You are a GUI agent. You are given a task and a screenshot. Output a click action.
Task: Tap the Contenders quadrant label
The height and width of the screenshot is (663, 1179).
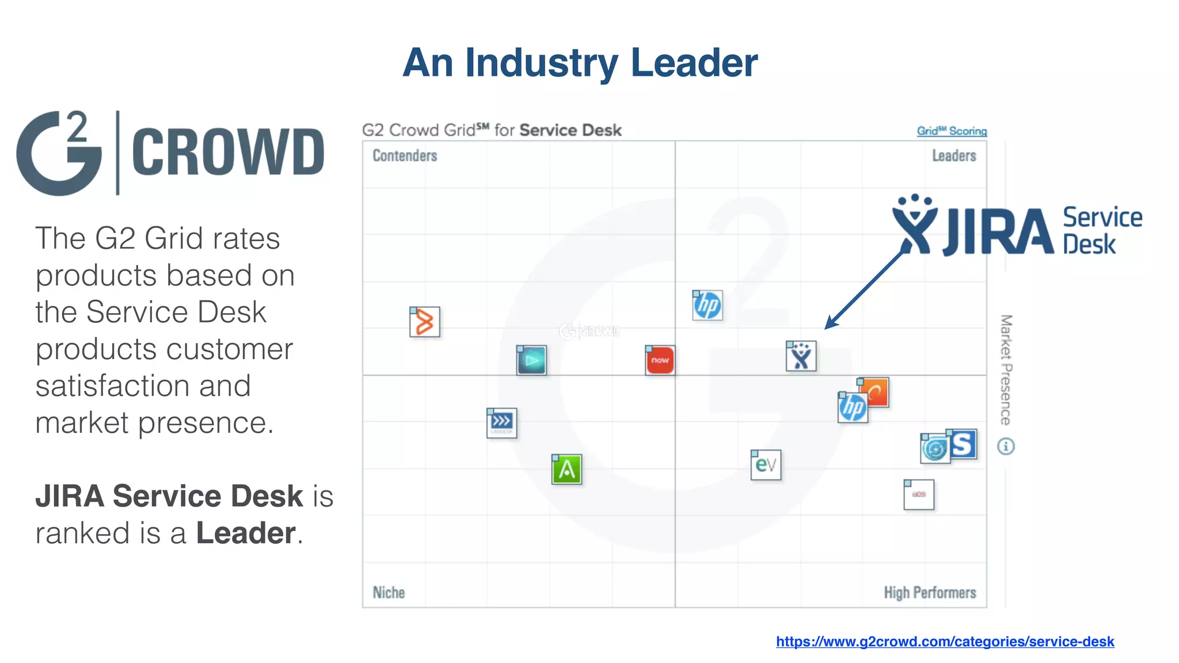click(405, 156)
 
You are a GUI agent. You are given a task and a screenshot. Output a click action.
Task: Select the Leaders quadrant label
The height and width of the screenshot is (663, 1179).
click(954, 156)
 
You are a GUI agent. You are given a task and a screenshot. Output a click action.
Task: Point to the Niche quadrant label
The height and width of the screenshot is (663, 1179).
click(389, 592)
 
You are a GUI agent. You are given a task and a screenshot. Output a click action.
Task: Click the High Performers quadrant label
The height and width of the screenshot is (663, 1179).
click(930, 592)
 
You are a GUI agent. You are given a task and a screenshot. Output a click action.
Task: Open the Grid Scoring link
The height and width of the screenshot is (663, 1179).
click(952, 131)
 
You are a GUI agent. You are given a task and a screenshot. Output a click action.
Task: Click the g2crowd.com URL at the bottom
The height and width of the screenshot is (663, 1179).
click(945, 641)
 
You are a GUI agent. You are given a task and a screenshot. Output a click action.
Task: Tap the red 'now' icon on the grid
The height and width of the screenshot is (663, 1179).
click(660, 360)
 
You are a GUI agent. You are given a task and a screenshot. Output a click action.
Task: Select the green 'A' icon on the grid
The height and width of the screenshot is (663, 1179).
click(567, 470)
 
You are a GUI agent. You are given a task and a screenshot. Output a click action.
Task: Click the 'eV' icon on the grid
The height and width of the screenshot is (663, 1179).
click(766, 465)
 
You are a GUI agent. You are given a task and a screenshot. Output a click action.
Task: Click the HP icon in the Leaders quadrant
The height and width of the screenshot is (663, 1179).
click(708, 305)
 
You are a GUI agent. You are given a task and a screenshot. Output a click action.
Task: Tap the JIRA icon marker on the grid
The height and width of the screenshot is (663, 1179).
click(801, 356)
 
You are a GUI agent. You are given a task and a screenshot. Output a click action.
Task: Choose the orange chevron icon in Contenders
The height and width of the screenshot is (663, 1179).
click(425, 322)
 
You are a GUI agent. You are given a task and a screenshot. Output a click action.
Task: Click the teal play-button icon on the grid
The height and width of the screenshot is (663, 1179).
click(531, 360)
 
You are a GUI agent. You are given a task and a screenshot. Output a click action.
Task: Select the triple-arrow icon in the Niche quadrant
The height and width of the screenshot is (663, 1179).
click(501, 423)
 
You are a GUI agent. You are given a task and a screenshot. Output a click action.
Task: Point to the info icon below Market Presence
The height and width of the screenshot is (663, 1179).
click(1006, 446)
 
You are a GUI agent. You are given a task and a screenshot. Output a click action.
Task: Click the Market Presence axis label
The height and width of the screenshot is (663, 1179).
click(1006, 369)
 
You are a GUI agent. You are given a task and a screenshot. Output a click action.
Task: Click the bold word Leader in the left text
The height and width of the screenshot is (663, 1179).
click(246, 533)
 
